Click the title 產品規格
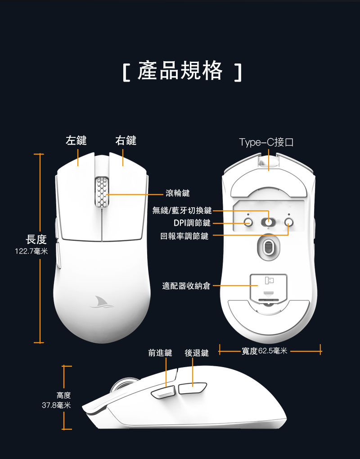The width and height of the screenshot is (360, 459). click(x=180, y=71)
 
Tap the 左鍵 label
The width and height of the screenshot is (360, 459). click(x=76, y=140)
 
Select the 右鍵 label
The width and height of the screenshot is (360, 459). click(x=126, y=140)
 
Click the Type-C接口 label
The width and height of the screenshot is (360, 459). click(x=267, y=142)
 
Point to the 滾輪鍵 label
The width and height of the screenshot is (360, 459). click(x=178, y=193)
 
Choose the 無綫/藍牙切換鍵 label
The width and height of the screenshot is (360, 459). click(x=182, y=210)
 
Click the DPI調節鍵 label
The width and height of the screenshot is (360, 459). click(x=192, y=223)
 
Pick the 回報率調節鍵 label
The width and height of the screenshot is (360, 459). click(x=184, y=236)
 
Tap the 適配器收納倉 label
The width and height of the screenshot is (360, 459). click(x=186, y=286)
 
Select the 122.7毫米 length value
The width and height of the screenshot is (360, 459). click(x=31, y=251)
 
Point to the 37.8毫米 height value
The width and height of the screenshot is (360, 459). click(x=56, y=405)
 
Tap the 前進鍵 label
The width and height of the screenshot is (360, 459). click(x=160, y=353)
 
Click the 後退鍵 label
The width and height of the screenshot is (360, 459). click(x=197, y=353)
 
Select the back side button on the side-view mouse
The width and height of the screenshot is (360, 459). click(x=192, y=389)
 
